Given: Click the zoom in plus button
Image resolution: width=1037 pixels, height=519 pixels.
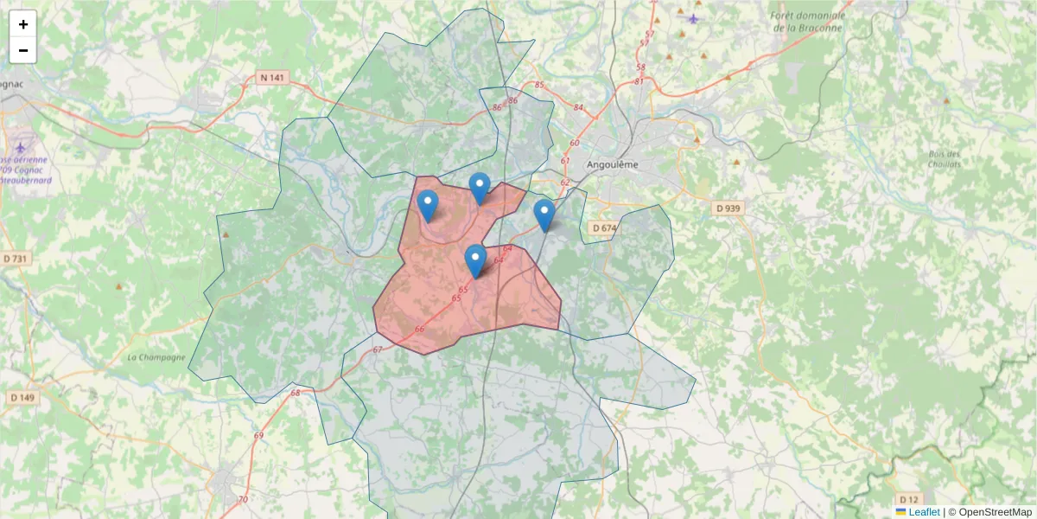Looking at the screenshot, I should coord(23,24).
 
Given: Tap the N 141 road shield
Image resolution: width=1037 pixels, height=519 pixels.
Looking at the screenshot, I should coord(271,78).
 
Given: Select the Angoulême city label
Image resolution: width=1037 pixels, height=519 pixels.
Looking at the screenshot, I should coord(612,164).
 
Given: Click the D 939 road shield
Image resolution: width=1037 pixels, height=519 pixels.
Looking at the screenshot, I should coord(729,208).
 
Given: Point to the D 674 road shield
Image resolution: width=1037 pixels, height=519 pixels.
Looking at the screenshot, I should coord(605,227).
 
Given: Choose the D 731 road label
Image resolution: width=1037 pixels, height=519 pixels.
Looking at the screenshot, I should coord(16,259).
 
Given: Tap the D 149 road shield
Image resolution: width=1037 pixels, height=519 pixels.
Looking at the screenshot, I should coord(23,397).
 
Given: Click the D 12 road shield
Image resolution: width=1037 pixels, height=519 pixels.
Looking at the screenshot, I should coord(908,499).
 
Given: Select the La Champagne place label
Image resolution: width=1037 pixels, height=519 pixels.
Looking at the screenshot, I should coord(156,357).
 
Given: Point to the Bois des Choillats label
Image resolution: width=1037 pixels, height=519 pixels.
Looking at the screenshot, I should coord(945,159).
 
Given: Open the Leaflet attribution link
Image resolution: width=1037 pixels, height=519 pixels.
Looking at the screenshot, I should coord(924,511).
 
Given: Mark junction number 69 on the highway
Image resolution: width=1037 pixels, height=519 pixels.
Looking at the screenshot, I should coord(258,435).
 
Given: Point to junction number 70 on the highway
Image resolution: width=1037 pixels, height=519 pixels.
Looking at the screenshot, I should coord(243,499).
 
